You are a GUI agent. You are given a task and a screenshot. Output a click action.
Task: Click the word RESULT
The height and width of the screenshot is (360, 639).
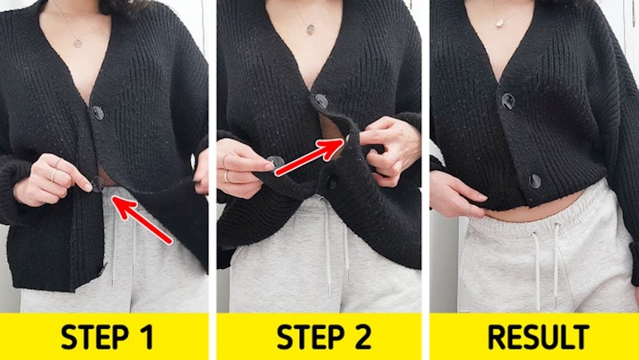538,337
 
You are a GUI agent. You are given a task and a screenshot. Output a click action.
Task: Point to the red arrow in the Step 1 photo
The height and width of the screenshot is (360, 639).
141,220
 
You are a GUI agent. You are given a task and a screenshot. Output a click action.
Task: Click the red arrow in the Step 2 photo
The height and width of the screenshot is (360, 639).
310,156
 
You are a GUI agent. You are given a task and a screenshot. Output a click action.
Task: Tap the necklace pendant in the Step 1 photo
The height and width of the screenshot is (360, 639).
77,42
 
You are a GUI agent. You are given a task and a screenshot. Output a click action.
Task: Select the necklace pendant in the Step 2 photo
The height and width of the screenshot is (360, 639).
311,29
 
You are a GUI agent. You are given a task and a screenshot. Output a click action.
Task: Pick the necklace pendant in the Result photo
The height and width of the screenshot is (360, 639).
500,22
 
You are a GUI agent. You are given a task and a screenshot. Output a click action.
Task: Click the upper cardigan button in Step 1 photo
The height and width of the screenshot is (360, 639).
97,113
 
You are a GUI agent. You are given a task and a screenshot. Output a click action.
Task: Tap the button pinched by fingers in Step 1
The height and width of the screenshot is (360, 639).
97,184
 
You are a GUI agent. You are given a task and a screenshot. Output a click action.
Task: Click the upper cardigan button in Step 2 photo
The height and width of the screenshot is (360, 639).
321,101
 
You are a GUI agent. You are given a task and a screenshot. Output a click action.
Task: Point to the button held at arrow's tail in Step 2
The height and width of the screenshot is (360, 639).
276,162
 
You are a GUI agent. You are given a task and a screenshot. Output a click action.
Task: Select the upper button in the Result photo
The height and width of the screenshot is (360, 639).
508,101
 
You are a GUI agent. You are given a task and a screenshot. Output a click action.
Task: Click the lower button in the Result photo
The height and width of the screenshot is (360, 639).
534,181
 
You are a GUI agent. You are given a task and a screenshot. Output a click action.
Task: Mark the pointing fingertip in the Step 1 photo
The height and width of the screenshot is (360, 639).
88,188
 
